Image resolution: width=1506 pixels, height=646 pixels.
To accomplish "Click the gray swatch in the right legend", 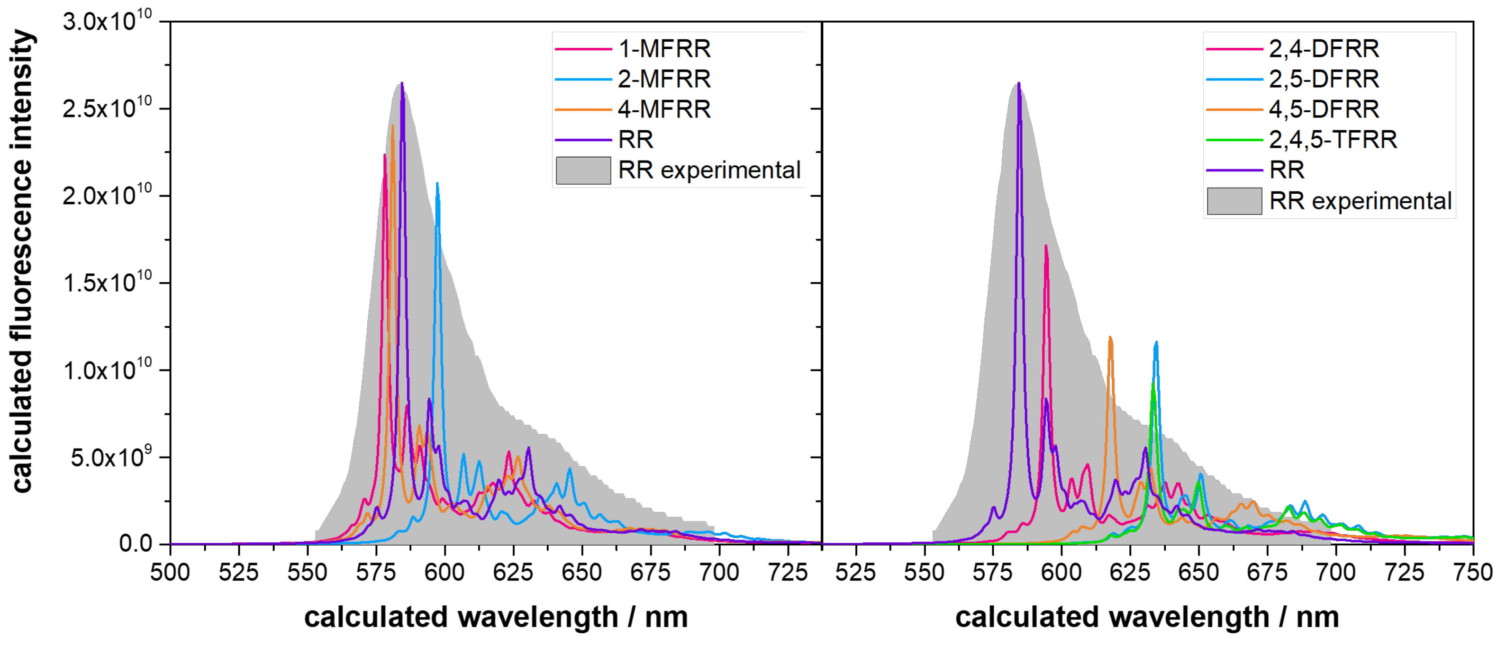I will pyautogui.click(x=1234, y=201).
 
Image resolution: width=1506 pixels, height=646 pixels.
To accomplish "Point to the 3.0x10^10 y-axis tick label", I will pyautogui.click(x=107, y=22).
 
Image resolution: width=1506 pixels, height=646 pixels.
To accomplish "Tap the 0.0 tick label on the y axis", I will pyautogui.click(x=135, y=544).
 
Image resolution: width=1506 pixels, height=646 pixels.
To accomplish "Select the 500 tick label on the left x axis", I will pyautogui.click(x=170, y=573).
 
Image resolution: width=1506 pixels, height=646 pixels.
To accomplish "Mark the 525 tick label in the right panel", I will pyautogui.click(x=855, y=573).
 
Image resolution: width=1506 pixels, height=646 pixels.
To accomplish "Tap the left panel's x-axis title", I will pyautogui.click(x=496, y=618).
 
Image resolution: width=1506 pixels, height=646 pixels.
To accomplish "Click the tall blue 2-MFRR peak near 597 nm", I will pyautogui.click(x=437, y=185).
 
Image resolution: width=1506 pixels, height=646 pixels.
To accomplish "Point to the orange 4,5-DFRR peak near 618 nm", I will pyautogui.click(x=1110, y=339).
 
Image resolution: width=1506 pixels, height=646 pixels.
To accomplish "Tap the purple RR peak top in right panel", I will pyautogui.click(x=1019, y=85).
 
